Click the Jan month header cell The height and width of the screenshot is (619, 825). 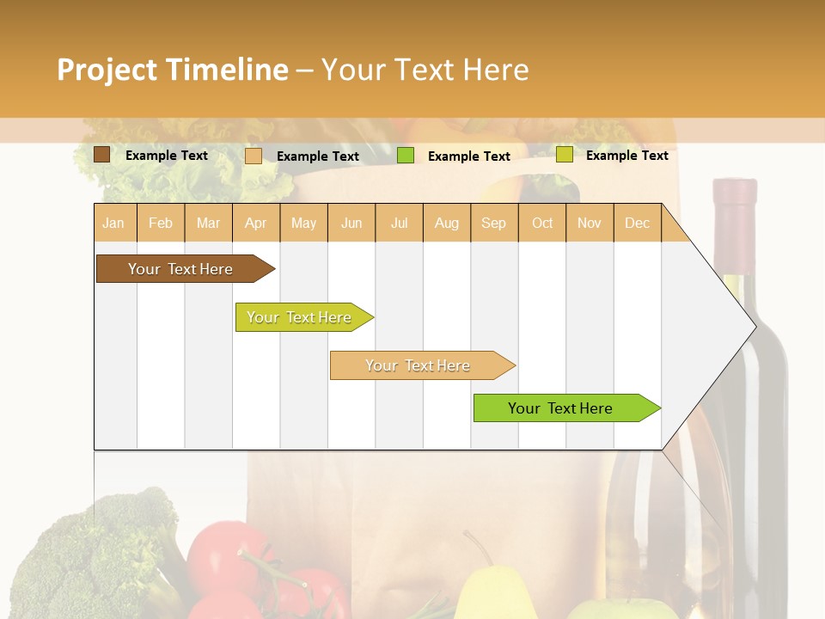point(114,223)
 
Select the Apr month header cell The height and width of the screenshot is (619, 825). point(256,223)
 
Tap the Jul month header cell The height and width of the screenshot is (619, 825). point(399,223)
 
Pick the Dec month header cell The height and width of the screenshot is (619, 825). point(637,223)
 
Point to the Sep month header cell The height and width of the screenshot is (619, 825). point(493,223)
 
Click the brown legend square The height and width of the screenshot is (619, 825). point(101,155)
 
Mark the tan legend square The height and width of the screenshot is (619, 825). point(254,156)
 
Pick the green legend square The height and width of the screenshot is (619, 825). point(406,156)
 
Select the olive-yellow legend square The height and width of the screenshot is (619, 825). point(564,155)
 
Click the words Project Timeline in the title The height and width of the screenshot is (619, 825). point(172,70)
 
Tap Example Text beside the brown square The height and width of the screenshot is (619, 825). point(167,156)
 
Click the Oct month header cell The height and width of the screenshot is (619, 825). point(542,223)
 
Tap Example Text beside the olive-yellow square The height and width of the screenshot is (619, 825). point(626,156)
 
